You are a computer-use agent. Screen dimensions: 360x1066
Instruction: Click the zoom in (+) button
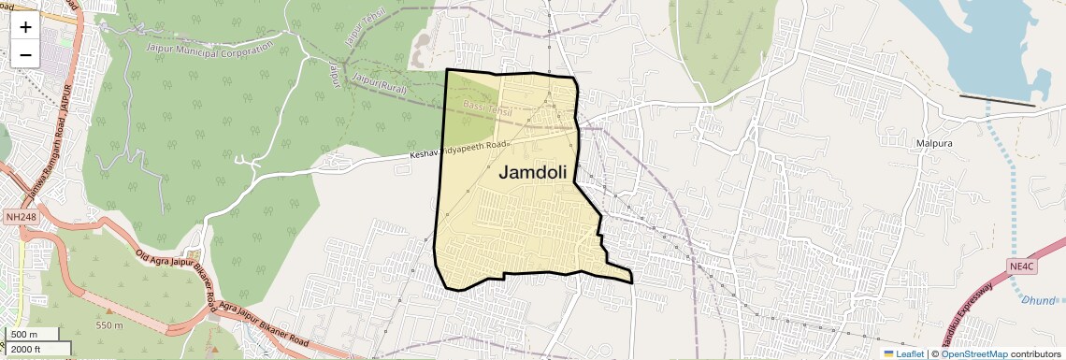point(25,26)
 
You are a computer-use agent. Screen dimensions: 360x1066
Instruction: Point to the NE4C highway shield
point(1022,266)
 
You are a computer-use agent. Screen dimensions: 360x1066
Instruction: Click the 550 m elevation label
point(108,325)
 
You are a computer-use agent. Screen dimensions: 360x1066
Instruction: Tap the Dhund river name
point(1038,300)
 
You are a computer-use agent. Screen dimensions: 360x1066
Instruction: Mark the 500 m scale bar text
point(24,335)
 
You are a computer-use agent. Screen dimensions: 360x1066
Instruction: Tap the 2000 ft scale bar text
point(26,349)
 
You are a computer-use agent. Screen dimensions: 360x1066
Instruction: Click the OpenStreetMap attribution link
point(973,353)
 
